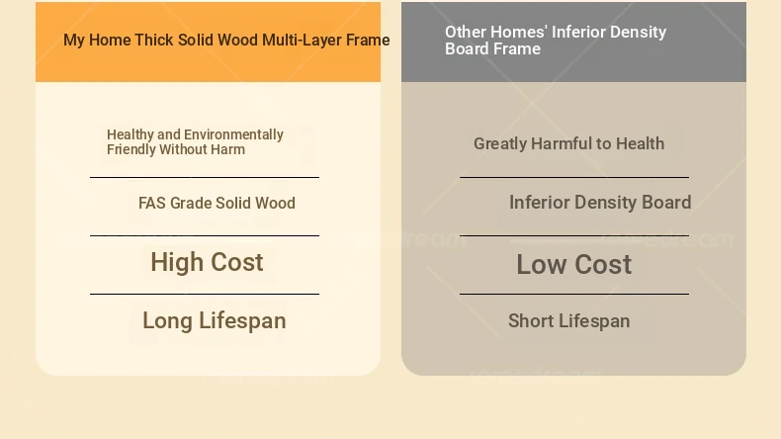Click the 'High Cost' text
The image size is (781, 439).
207,262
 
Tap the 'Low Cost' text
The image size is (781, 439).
573,264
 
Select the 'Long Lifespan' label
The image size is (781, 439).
215,321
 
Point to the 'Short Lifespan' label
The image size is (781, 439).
568,321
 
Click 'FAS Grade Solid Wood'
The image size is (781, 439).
217,203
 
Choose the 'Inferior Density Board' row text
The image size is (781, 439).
600,203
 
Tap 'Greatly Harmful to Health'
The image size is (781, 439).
568,143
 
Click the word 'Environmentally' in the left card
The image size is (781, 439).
233,134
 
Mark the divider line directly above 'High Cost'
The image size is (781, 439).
205,235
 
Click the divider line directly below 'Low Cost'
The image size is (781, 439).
574,294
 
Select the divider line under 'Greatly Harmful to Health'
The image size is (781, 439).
574,177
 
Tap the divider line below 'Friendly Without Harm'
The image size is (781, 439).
205,177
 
